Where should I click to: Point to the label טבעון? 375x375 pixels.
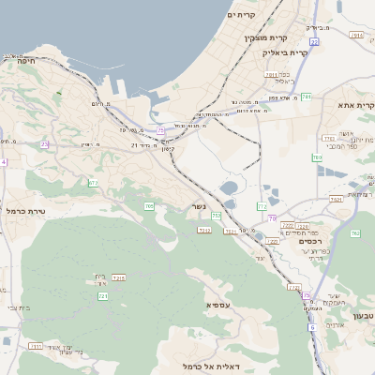point(360,315)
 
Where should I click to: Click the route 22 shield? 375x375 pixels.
point(314,42)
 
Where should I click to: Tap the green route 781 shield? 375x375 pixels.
point(306,96)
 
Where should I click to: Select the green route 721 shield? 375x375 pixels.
point(102,296)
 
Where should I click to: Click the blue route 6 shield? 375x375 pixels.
point(311,327)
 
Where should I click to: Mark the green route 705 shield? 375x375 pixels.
point(148,205)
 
